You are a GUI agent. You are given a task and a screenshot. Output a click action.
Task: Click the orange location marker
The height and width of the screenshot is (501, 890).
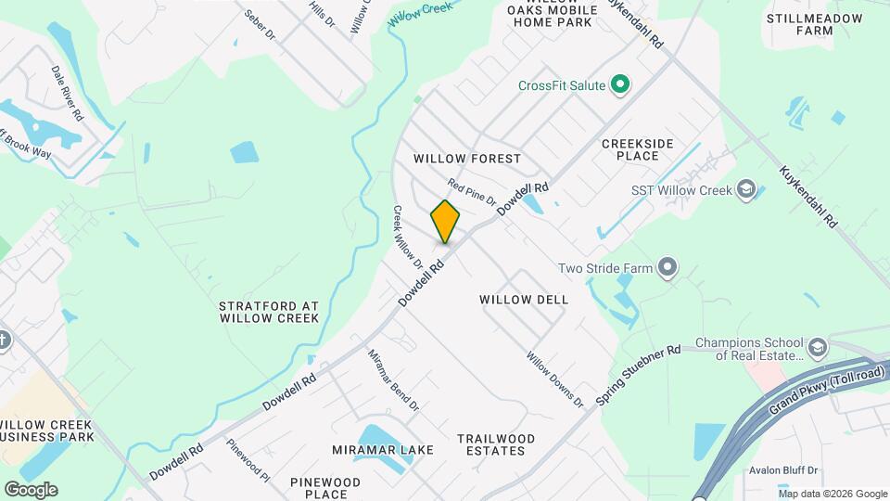pos(445,221)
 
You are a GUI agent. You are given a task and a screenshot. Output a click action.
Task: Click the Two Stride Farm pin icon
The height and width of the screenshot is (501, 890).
pos(667,269)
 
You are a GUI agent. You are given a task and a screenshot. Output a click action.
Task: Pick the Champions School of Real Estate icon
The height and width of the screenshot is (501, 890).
pos(818,349)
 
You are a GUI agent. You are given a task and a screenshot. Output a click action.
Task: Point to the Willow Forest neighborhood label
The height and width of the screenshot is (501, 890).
pos(467,159)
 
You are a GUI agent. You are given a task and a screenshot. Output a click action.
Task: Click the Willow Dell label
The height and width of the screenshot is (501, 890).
pos(524,300)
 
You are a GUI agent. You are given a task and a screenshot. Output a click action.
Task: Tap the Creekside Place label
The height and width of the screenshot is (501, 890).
pos(650,149)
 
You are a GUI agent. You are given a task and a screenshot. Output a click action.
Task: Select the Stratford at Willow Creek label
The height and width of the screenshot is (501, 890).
pos(269,312)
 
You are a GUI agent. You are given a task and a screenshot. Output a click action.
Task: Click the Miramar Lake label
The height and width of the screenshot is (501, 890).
pos(383,450)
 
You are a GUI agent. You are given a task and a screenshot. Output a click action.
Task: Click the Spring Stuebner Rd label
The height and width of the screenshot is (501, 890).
pos(639,375)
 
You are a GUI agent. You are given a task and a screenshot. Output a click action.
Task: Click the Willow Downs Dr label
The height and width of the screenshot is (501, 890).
pos(555,379)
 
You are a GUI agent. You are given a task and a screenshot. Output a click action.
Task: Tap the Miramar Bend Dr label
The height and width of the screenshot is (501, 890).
pos(394,380)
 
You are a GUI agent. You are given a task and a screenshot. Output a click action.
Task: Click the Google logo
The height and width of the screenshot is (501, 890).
pos(31,490)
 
